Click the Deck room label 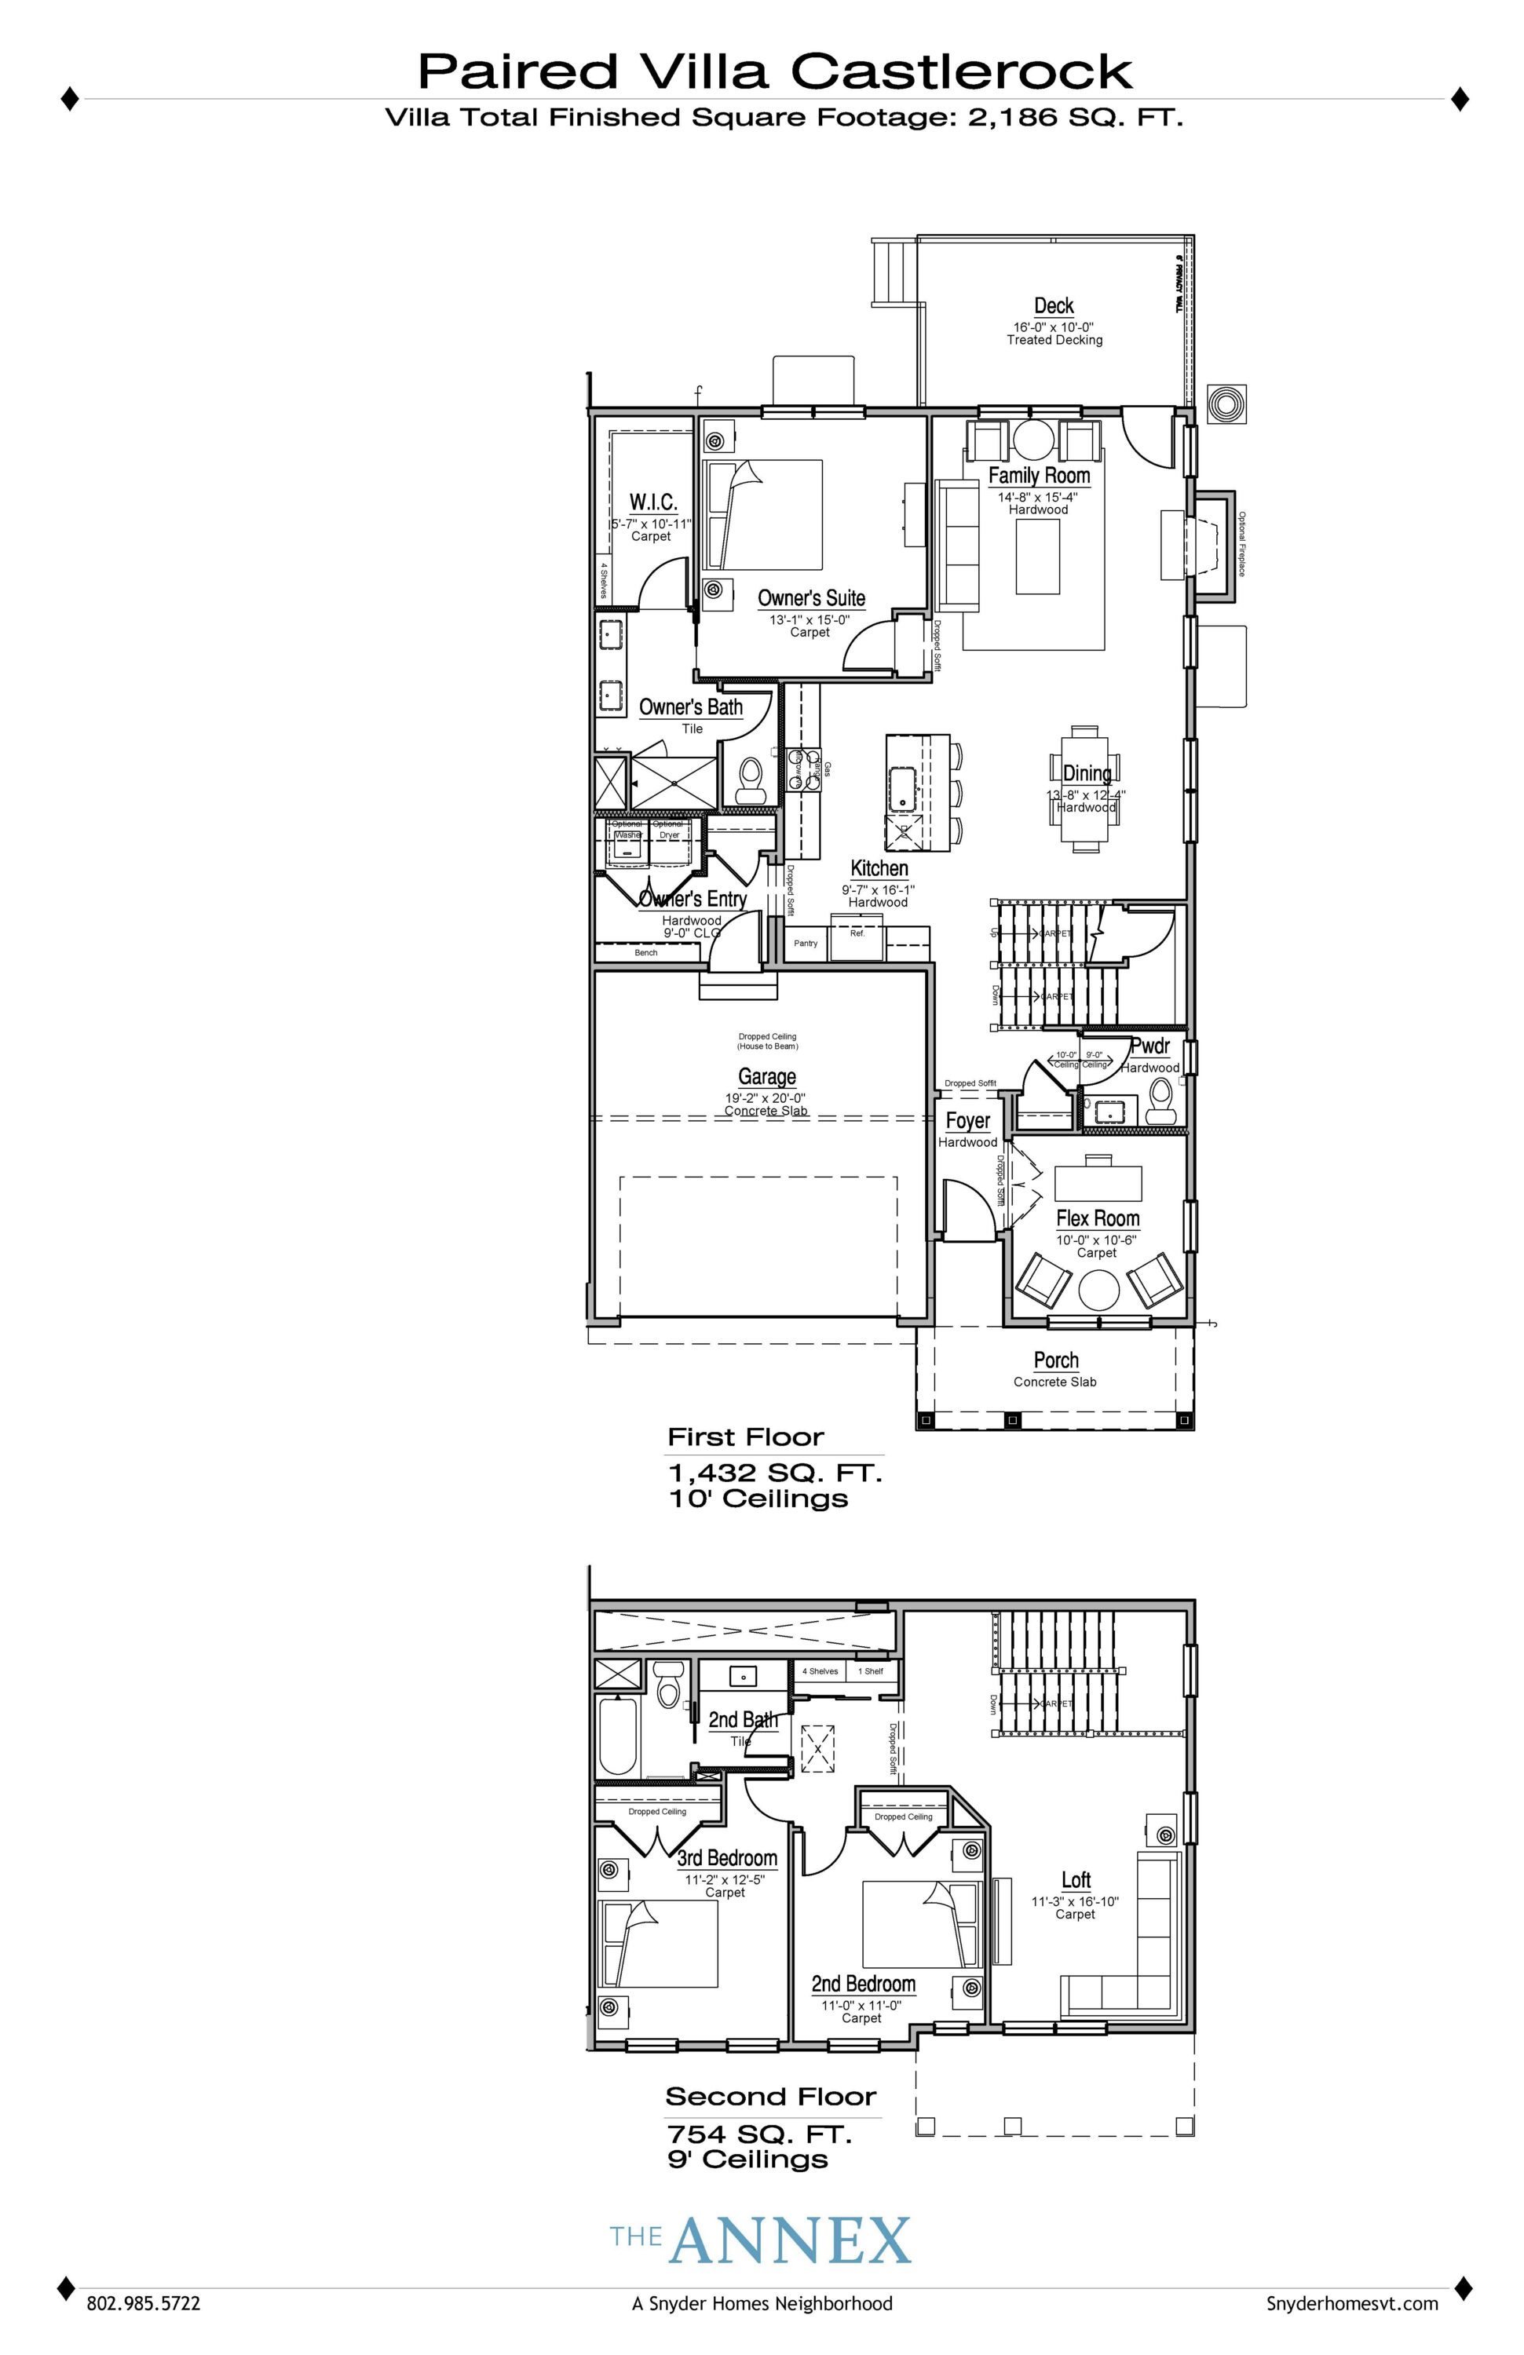[x=1054, y=305]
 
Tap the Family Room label [x=1039, y=476]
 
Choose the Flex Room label [x=1098, y=1218]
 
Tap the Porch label [x=1056, y=1360]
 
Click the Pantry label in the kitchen [x=806, y=943]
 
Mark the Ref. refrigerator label [x=857, y=933]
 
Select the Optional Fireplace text [x=1241, y=544]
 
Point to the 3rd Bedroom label [x=727, y=1858]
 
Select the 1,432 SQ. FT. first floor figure [x=775, y=1473]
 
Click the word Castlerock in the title [x=961, y=72]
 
